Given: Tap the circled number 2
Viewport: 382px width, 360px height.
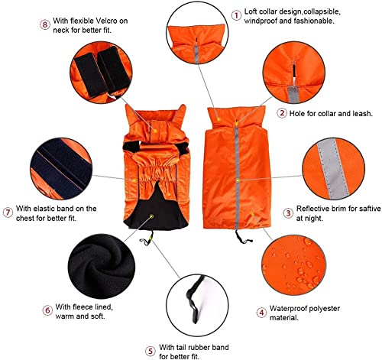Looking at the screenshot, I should [282, 113].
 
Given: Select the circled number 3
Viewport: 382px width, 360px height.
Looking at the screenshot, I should [287, 212].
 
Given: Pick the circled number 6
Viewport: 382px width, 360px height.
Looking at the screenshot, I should [47, 310].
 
